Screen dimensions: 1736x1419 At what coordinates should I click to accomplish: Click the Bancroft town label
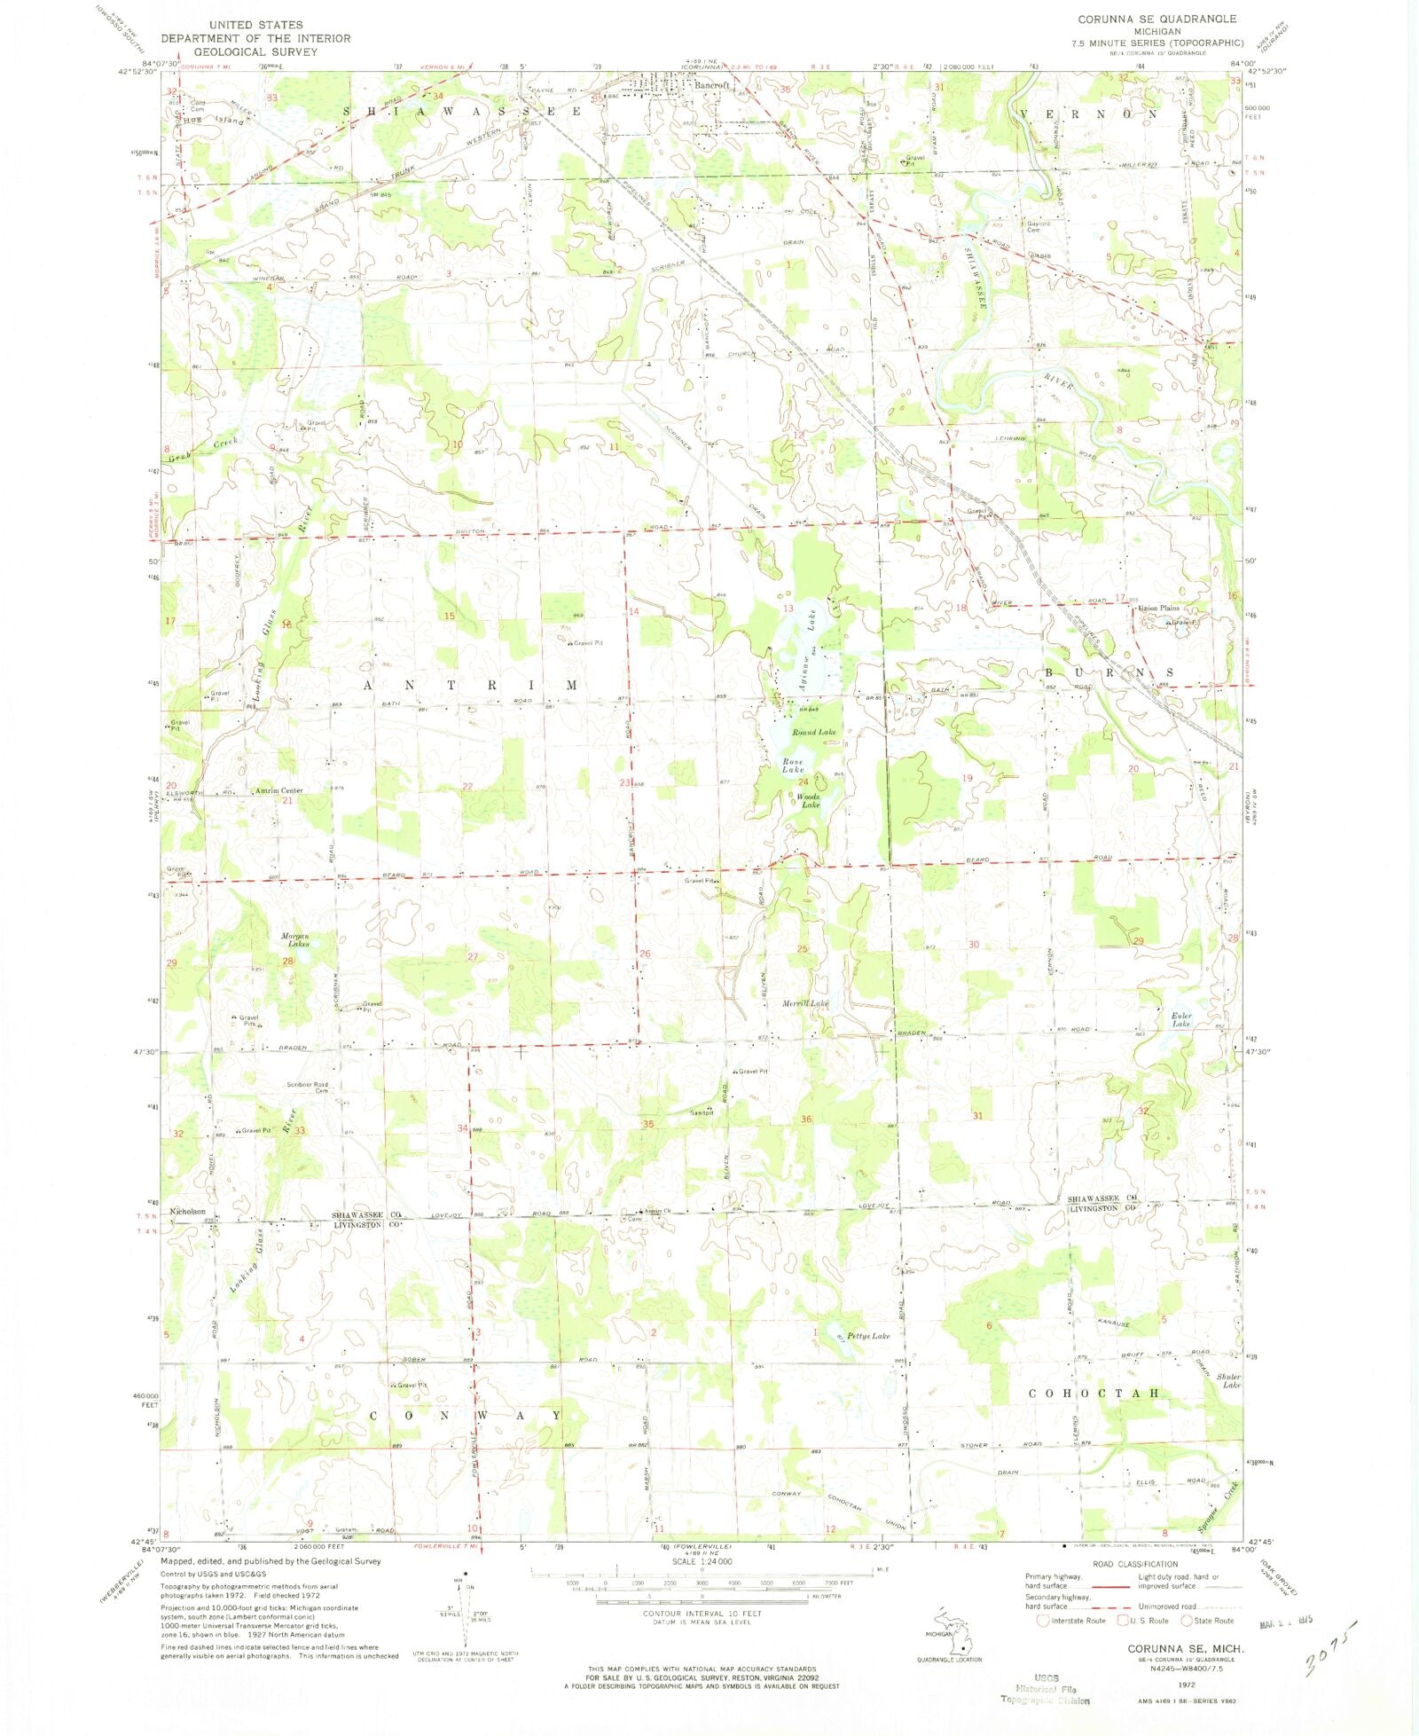pyautogui.click(x=712, y=85)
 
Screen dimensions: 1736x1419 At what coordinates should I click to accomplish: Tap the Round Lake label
pyautogui.click(x=813, y=732)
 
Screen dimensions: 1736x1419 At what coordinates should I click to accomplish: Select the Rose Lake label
pyautogui.click(x=793, y=766)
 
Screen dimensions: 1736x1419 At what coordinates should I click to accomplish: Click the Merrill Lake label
pyautogui.click(x=804, y=1003)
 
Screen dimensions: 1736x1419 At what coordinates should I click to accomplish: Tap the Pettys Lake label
pyautogui.click(x=867, y=1336)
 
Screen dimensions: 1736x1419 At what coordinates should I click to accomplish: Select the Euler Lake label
pyautogui.click(x=1180, y=1019)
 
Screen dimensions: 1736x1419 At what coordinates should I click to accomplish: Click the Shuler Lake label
pyautogui.click(x=1228, y=1380)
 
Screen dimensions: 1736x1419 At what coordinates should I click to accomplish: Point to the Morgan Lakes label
pyautogui.click(x=295, y=940)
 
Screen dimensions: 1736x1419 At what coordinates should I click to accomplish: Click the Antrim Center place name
pyautogui.click(x=279, y=790)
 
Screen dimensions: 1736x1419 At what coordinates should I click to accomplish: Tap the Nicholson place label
pyautogui.click(x=188, y=1211)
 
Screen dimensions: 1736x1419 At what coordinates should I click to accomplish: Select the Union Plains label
pyautogui.click(x=1159, y=608)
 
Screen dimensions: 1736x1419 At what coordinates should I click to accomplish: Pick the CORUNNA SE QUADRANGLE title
pyautogui.click(x=1156, y=19)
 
